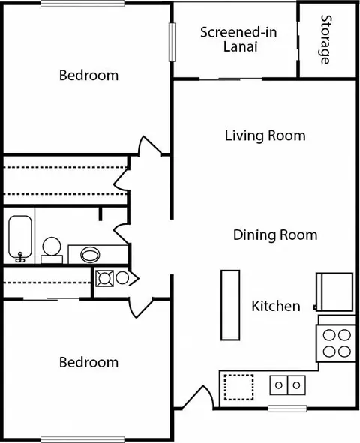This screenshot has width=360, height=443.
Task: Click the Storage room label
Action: [326, 40]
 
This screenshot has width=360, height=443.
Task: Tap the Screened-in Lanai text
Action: [238, 40]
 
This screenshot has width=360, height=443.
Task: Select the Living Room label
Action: [265, 136]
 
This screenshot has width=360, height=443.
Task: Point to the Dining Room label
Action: [275, 235]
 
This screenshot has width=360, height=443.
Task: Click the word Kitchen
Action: [276, 306]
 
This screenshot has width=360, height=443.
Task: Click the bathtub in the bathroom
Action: [19, 239]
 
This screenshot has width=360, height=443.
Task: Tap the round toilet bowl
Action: [52, 247]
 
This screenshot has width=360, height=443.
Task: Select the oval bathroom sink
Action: [90, 255]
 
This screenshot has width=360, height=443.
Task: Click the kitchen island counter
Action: [230, 305]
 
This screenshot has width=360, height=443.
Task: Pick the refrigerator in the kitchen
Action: [334, 292]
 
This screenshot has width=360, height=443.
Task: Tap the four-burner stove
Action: [336, 343]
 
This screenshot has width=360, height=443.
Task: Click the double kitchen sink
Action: [288, 385]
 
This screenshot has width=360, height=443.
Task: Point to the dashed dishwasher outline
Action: [238, 387]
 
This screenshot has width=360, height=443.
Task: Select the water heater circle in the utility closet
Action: [122, 278]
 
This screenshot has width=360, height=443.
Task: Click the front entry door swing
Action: [198, 397]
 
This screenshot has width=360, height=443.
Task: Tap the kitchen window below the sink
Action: [287, 409]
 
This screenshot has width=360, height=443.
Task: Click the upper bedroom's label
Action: [88, 76]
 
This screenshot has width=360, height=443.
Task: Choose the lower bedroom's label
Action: [88, 362]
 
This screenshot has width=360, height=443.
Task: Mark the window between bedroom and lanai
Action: [172, 43]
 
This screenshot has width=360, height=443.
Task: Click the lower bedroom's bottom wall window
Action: [82, 439]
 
